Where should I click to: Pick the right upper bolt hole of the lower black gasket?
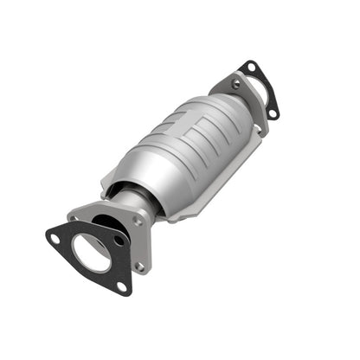pyautogui.click(x=119, y=238)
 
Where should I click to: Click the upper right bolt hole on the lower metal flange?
pyautogui.click(x=138, y=220)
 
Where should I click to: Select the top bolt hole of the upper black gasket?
pyautogui.click(x=250, y=67)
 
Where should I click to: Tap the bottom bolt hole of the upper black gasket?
pyautogui.click(x=273, y=112)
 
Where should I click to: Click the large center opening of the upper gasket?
pyautogui.click(x=258, y=89)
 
